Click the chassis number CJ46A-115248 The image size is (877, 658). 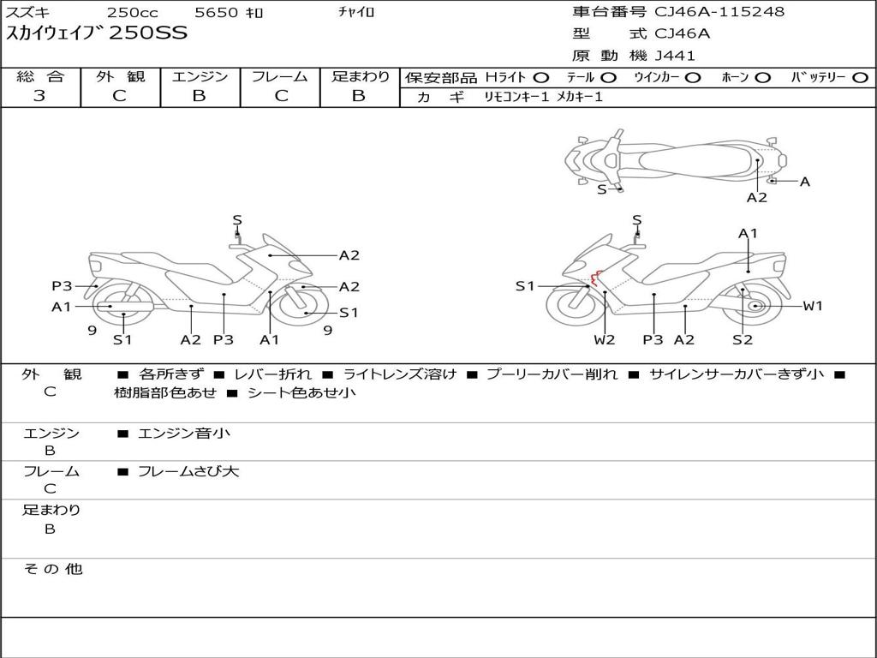pyautogui.click(x=719, y=12)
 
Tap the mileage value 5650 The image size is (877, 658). pyautogui.click(x=217, y=12)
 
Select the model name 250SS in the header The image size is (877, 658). pyautogui.click(x=148, y=33)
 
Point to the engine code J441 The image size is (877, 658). pyautogui.click(x=675, y=56)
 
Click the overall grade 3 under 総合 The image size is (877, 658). pyautogui.click(x=39, y=95)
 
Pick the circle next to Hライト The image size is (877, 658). pyautogui.click(x=541, y=78)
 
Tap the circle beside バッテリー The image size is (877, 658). pyautogui.click(x=860, y=78)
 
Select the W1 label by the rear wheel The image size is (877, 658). pyautogui.click(x=813, y=306)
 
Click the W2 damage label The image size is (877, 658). pyautogui.click(x=604, y=339)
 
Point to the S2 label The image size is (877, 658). pyautogui.click(x=743, y=339)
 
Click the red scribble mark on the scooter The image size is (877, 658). pyautogui.click(x=596, y=278)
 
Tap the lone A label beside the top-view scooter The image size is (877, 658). pyautogui.click(x=805, y=182)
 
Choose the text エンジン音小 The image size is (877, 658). pyautogui.click(x=184, y=433)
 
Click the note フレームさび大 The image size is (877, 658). pyautogui.click(x=188, y=471)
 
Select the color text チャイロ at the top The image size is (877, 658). pyautogui.click(x=356, y=12)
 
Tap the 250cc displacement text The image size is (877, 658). pyautogui.click(x=133, y=12)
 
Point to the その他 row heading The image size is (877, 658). pyautogui.click(x=53, y=569)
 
